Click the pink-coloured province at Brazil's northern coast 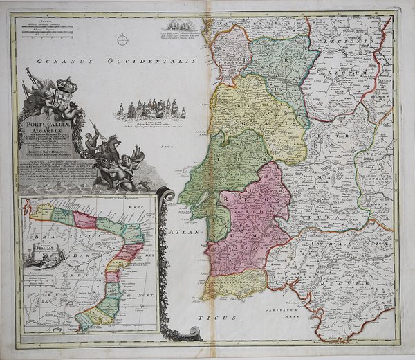(85, 220)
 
